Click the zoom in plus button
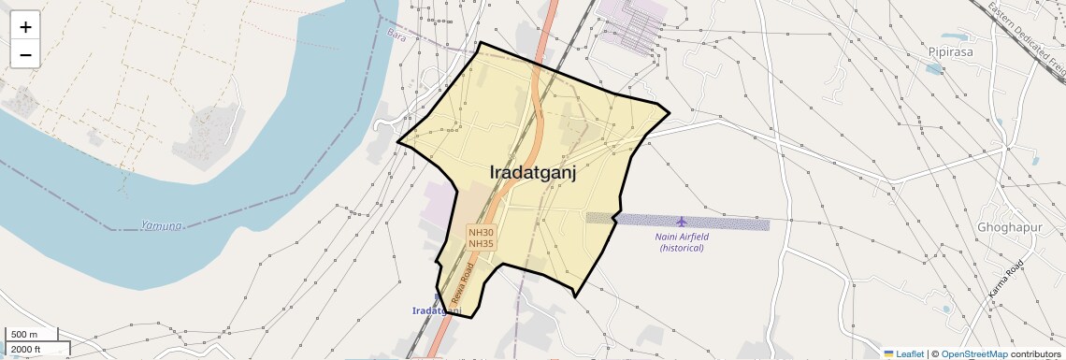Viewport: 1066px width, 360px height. pyautogui.click(x=25, y=27)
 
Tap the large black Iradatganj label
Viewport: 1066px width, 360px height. pyautogui.click(x=532, y=172)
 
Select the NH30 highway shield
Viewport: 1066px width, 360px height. pyautogui.click(x=481, y=231)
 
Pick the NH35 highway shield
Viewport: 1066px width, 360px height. pyautogui.click(x=481, y=243)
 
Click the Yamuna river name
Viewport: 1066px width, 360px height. pyautogui.click(x=161, y=225)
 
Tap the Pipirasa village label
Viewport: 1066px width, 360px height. pyautogui.click(x=951, y=52)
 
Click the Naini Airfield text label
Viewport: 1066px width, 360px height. pyautogui.click(x=683, y=237)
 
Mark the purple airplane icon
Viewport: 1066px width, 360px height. pyautogui.click(x=680, y=222)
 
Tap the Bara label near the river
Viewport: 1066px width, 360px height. pyautogui.click(x=396, y=34)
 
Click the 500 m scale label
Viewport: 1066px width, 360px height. pyautogui.click(x=24, y=335)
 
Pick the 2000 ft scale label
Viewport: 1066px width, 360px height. pyautogui.click(x=26, y=349)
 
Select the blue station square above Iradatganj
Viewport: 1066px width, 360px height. pyautogui.click(x=437, y=299)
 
